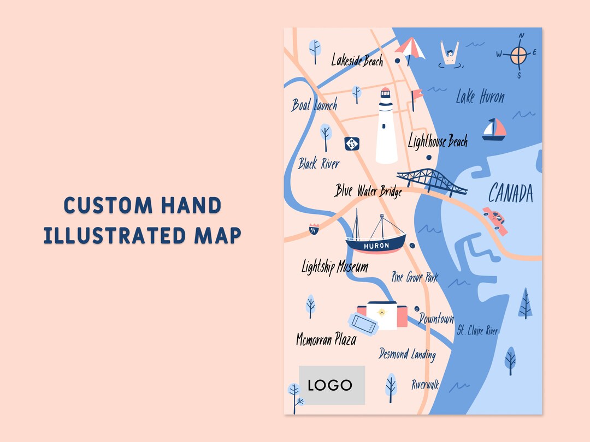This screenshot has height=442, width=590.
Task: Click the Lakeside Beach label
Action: [x=357, y=60]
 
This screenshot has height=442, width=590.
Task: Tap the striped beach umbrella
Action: [x=410, y=49]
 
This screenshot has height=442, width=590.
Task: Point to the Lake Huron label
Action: [x=480, y=97]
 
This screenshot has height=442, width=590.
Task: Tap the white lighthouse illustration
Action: [x=386, y=127]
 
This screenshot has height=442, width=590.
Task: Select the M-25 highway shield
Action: [x=352, y=144]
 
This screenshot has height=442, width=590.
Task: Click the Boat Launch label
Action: [x=314, y=105]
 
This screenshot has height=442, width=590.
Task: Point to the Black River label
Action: [x=319, y=163]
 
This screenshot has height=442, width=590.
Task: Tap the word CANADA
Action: [x=510, y=193]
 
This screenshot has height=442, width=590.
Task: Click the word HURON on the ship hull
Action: [x=377, y=246]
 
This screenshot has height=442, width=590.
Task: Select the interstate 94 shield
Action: [x=314, y=229]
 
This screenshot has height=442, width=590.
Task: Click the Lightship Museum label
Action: [x=335, y=267]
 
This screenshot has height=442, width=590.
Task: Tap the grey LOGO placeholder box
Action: [x=332, y=385]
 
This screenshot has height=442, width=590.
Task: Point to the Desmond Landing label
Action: [x=408, y=354]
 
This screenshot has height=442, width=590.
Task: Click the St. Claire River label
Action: [x=477, y=330]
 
